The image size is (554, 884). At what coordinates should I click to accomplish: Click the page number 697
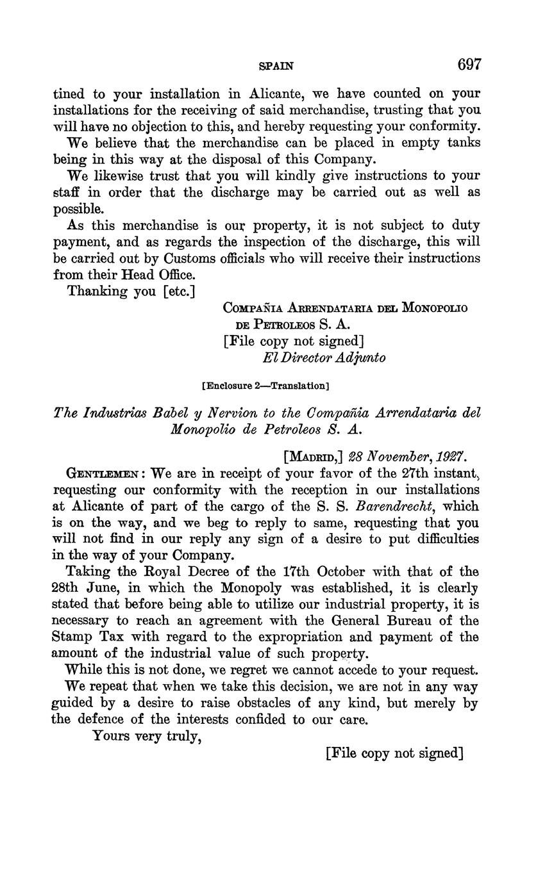[x=469, y=64]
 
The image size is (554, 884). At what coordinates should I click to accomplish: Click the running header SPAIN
[x=276, y=65]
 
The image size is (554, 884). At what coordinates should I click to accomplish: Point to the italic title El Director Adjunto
[x=324, y=357]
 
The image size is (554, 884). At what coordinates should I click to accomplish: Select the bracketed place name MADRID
[x=314, y=457]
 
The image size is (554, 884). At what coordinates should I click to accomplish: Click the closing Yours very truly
[x=147, y=736]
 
